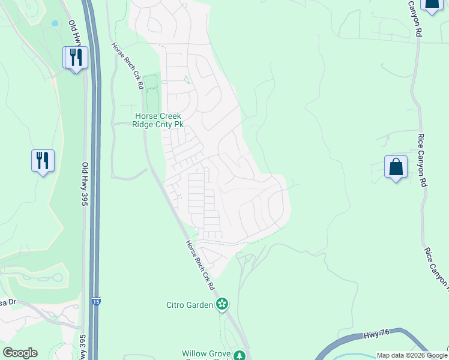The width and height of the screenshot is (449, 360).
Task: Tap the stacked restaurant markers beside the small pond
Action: point(76,58)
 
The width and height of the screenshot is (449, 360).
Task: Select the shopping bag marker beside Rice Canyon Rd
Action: point(396,167)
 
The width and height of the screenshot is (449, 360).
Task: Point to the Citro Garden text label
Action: point(190,305)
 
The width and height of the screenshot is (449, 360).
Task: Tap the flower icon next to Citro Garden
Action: point(222,304)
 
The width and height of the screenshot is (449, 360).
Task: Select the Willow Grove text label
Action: point(207,355)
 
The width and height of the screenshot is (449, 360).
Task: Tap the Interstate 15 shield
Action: point(96,302)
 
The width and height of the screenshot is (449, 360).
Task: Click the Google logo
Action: point(20,353)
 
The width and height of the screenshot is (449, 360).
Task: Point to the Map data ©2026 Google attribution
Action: point(412,355)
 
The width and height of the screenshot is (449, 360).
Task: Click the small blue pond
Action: point(55,23)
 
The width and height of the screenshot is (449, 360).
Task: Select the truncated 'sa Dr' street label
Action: point(6,303)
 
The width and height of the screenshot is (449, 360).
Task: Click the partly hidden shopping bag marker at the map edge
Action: point(431,5)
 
